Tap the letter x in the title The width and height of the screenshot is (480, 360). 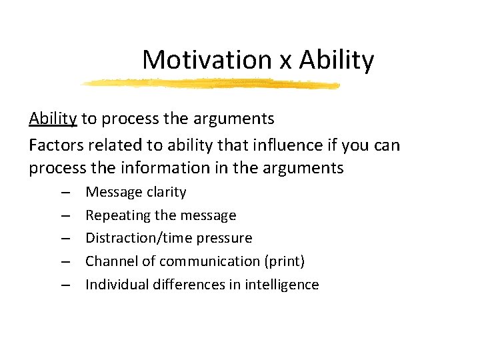click(285, 61)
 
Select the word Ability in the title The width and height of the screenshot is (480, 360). click(337, 61)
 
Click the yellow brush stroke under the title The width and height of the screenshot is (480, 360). click(210, 84)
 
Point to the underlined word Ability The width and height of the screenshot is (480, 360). click(53, 119)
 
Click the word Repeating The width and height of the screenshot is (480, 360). click(118, 216)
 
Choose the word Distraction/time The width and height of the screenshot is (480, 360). click(143, 238)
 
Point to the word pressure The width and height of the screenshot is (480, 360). click(227, 239)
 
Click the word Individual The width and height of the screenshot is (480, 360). click(117, 285)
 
